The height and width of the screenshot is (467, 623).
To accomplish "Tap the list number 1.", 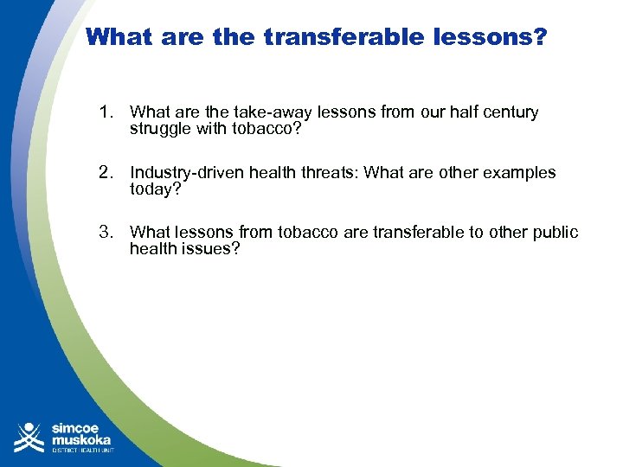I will pos(106,112).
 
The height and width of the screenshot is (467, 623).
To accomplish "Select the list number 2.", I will pos(106,173).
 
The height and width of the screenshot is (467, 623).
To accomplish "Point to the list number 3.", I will pos(106,233).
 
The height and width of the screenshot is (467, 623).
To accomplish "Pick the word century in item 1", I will pos(510,112).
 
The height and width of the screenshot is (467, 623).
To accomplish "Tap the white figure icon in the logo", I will pos(29,437).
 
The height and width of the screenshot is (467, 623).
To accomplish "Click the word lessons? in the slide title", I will pos(491,37).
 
